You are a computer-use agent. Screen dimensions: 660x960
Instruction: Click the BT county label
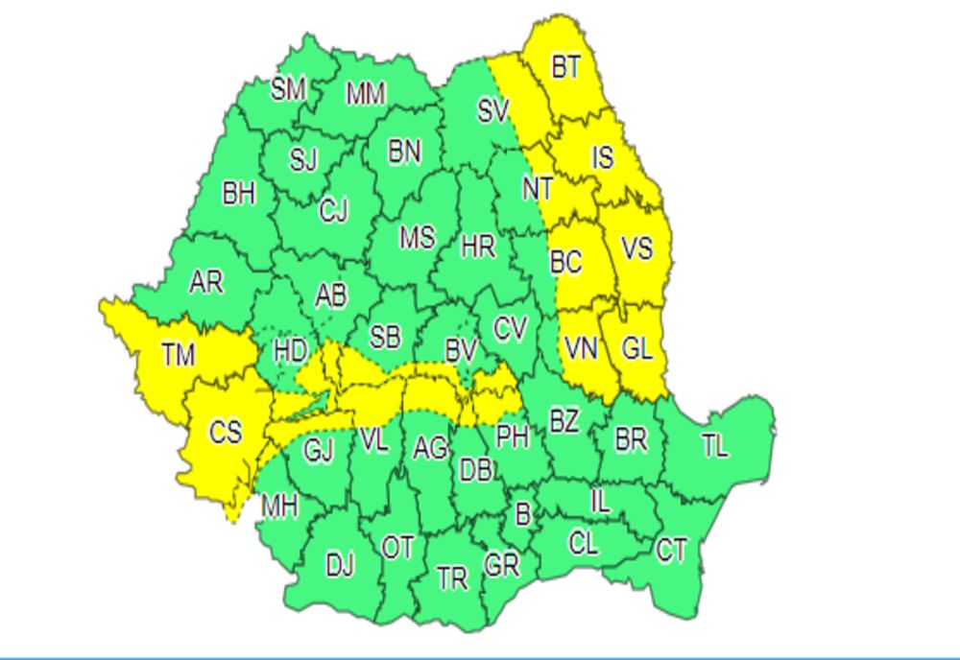566,69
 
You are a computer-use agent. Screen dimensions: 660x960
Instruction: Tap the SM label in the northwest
287,89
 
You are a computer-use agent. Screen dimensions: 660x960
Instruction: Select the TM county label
179,356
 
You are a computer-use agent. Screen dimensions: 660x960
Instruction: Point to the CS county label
226,433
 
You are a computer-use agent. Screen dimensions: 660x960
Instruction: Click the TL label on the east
714,446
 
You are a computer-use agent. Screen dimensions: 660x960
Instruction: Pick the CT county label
672,551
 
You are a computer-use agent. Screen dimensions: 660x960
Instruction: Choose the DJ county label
340,566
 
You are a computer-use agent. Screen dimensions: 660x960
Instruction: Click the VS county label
636,249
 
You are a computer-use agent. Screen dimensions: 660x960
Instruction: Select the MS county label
417,237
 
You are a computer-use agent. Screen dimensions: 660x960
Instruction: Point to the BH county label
239,195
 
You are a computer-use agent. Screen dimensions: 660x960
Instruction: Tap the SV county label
492,112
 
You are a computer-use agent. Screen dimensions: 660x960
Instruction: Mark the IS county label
602,156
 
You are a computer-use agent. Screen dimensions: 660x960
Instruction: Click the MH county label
279,506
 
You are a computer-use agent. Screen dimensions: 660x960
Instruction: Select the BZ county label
564,420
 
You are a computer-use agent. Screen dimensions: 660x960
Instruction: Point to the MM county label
366,94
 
